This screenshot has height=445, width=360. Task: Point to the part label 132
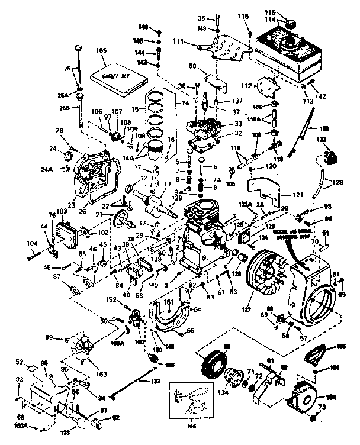pyautogui.click(x=155, y=382)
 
